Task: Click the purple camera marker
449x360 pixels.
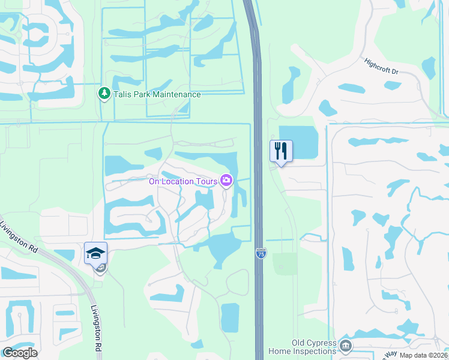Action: pos(226,180)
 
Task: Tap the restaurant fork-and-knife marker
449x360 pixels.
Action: pos(281,151)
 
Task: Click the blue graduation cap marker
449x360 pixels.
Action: pos(95,253)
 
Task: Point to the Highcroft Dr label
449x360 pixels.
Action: pos(381,66)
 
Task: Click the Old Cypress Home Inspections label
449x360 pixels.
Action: pos(314,347)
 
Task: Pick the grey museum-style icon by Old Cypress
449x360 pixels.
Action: pos(345,346)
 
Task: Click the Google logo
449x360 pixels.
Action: pos(20,353)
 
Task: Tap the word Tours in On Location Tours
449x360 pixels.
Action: pos(205,181)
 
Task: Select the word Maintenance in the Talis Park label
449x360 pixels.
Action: pos(175,94)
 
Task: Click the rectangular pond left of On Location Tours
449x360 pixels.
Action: pos(116,165)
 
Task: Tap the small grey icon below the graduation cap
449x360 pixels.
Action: pos(100,269)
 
